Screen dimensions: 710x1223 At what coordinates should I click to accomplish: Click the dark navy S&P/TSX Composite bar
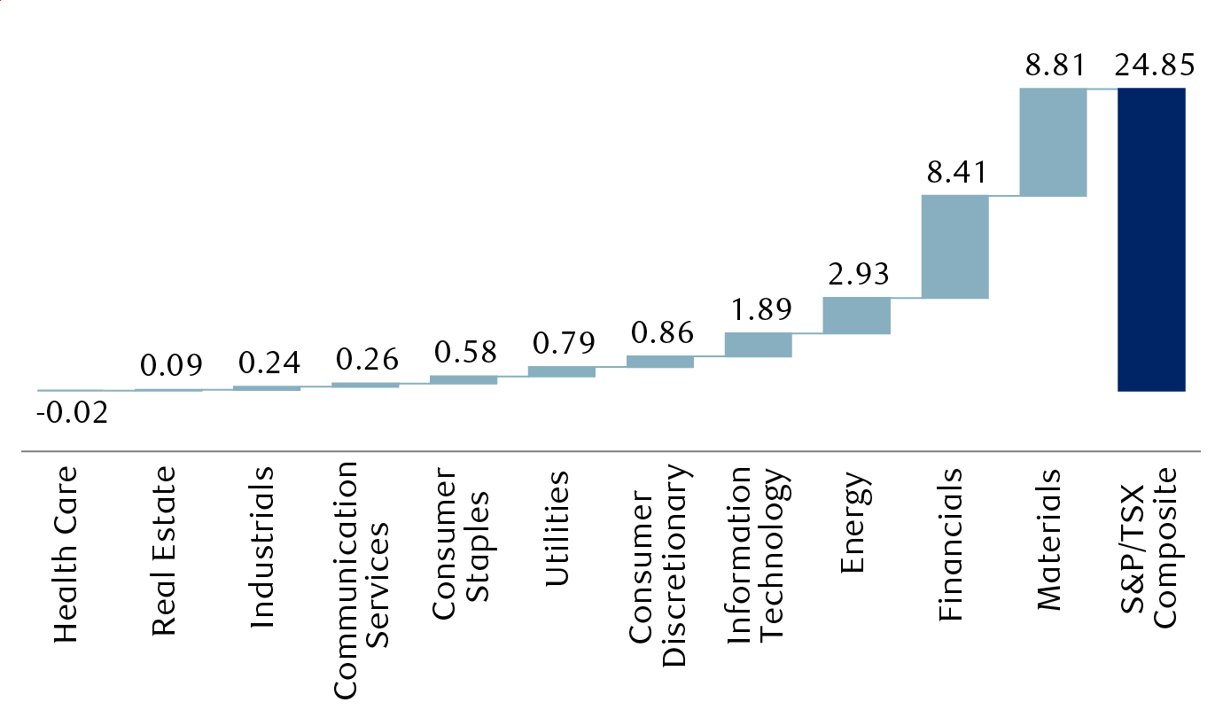(1151, 239)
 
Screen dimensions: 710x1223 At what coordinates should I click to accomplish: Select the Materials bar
(1053, 142)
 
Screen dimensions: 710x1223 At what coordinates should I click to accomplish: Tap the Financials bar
(954, 246)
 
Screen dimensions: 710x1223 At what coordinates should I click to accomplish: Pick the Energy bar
(856, 316)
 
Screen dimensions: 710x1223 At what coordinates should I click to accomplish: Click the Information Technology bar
(758, 345)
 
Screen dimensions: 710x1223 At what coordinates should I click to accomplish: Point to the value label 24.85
(1151, 66)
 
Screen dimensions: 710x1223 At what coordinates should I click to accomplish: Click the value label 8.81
(1053, 66)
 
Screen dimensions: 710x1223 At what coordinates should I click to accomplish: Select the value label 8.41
(954, 173)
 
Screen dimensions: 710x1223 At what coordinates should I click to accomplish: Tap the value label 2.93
(856, 275)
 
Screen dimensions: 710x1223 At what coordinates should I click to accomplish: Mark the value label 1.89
(758, 310)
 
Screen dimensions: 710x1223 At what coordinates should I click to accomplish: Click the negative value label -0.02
(71, 413)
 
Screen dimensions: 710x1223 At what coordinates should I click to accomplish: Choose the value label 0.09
(169, 365)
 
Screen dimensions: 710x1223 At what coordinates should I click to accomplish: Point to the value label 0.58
(463, 353)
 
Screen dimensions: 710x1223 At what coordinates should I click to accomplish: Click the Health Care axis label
(66, 554)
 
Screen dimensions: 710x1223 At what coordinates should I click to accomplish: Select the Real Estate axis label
(164, 550)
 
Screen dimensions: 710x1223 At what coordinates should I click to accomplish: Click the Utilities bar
(561, 371)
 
